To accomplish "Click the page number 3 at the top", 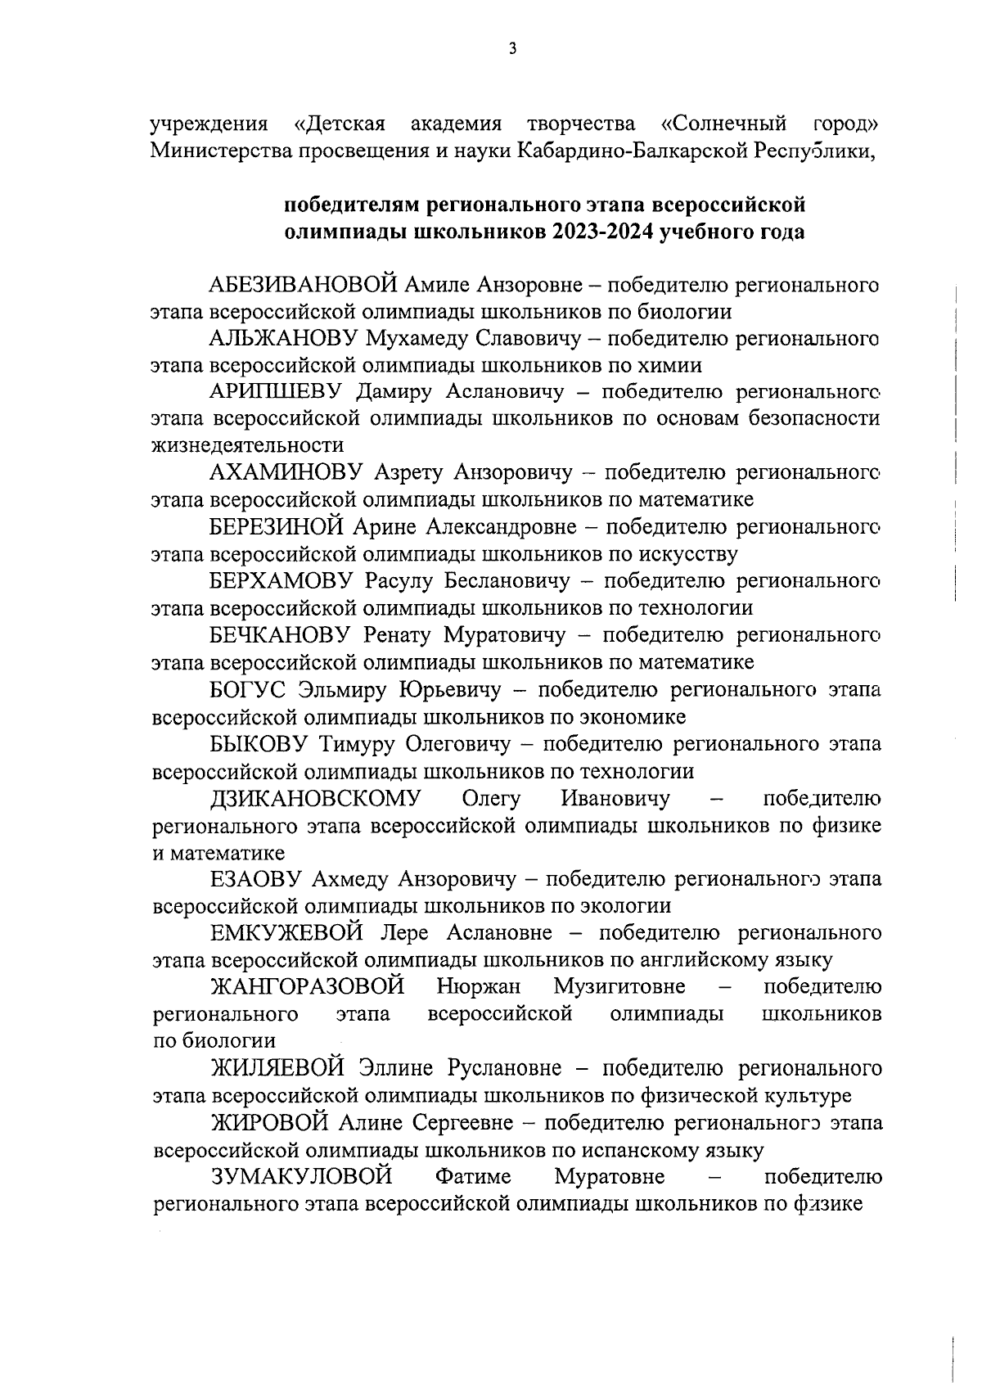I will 512,49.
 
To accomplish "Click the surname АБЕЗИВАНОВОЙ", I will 304,285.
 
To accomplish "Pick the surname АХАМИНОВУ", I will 286,472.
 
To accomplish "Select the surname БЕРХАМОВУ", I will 281,581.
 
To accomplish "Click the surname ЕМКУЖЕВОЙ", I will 287,933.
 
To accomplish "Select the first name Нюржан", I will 479,986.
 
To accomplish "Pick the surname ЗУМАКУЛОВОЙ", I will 302,1177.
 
